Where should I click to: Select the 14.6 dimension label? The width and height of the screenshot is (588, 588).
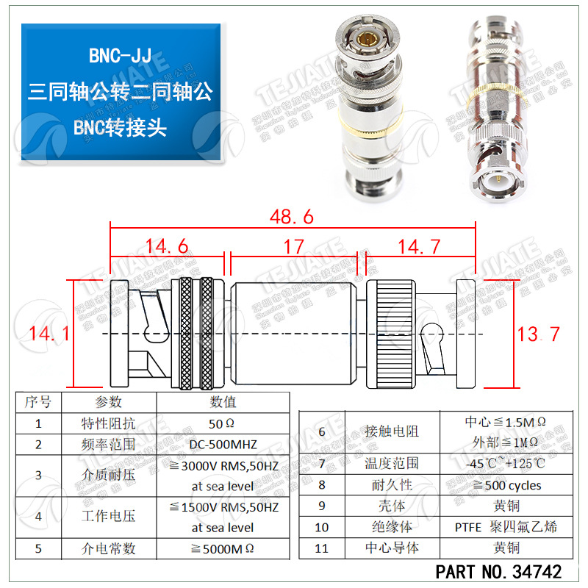click(x=166, y=246)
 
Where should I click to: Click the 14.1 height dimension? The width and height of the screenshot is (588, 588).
click(x=49, y=334)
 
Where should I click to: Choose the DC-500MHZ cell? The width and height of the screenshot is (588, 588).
click(x=222, y=444)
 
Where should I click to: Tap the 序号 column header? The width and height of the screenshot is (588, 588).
click(x=38, y=402)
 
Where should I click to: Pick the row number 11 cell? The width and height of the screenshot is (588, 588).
click(x=322, y=548)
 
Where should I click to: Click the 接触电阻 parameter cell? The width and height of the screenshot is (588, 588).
click(x=392, y=431)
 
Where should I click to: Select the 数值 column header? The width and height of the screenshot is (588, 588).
click(x=222, y=402)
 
